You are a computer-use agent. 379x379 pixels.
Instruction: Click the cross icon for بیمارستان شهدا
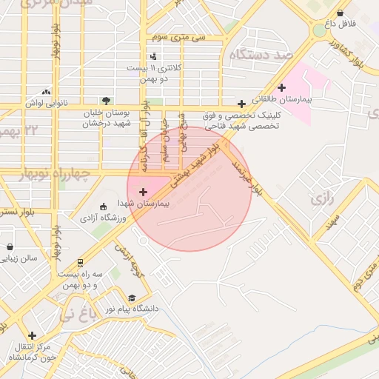(x=143, y=192)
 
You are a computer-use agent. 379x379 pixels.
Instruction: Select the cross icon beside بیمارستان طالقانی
(x=281, y=87)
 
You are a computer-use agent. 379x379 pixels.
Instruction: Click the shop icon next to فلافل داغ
(x=340, y=13)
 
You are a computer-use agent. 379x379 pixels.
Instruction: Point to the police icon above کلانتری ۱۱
(x=153, y=56)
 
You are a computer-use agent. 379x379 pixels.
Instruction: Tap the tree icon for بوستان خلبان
(x=108, y=101)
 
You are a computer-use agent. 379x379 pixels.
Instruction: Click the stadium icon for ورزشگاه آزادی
(x=103, y=206)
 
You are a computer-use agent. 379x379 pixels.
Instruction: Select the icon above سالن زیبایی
(x=10, y=247)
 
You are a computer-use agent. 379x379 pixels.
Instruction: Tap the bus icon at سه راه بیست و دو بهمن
(x=80, y=262)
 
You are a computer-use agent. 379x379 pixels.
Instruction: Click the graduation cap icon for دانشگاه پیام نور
(x=132, y=298)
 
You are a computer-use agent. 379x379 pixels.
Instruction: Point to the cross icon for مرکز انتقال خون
(x=31, y=335)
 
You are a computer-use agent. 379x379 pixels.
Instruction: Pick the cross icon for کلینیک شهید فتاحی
(x=241, y=103)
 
